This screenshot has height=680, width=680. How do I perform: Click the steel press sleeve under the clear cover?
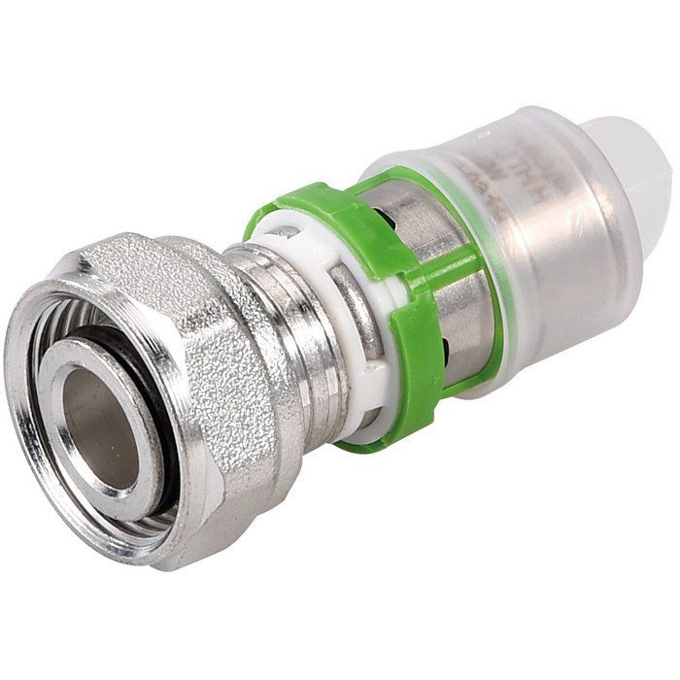tap(544, 272)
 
